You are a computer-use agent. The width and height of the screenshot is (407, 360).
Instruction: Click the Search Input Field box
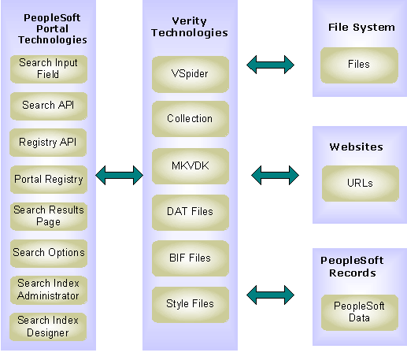(x=49, y=69)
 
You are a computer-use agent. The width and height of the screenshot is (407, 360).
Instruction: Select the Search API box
(x=49, y=106)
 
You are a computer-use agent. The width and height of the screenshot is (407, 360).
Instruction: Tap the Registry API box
(x=48, y=143)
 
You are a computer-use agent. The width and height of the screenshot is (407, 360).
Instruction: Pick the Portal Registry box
(x=49, y=180)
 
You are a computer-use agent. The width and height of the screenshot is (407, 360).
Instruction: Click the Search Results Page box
(x=49, y=217)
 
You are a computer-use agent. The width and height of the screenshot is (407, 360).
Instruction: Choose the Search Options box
(x=49, y=254)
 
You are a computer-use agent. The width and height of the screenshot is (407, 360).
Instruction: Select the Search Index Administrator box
(x=49, y=290)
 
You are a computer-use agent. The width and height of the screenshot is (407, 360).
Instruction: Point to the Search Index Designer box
(x=48, y=327)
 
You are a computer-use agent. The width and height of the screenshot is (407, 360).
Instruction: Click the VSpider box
(x=191, y=74)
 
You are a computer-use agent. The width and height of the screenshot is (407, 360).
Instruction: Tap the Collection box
(x=191, y=119)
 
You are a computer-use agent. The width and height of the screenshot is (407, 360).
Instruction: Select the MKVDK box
(x=191, y=166)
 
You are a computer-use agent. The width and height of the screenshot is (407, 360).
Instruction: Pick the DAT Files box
(x=191, y=213)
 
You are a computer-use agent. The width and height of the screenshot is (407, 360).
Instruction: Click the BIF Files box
(x=191, y=258)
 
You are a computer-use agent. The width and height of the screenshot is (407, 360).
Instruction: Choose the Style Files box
(x=191, y=305)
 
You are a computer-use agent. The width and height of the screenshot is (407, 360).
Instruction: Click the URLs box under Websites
(x=361, y=184)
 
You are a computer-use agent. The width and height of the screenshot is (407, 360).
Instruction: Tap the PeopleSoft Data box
(x=360, y=313)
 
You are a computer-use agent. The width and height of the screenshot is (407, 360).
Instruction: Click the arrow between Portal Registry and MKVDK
(x=120, y=175)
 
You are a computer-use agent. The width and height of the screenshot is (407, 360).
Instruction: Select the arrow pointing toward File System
(x=271, y=65)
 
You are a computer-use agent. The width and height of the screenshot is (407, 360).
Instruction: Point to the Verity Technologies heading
(x=190, y=27)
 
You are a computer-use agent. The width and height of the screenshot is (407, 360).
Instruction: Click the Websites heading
(x=357, y=147)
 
